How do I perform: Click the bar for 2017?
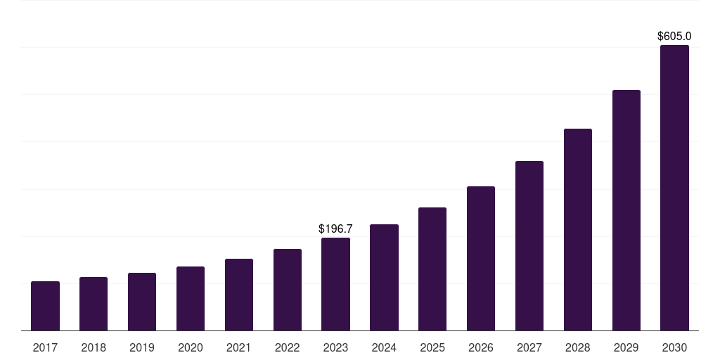tap(45, 306)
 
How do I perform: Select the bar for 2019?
tap(142, 302)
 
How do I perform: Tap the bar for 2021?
tap(239, 295)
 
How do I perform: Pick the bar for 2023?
tap(335, 284)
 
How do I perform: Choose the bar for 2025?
tap(432, 269)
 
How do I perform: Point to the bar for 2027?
tap(529, 245)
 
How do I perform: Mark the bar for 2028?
tap(578, 229)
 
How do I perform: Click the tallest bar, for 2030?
tap(674, 188)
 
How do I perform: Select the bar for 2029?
tap(626, 210)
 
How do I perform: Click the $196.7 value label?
tap(335, 229)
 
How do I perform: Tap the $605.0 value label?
tap(674, 36)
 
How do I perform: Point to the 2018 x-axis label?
tap(94, 347)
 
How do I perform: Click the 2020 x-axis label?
tap(191, 347)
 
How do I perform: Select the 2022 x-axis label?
tap(288, 347)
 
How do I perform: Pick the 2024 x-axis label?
tap(384, 347)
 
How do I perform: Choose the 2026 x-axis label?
tap(481, 347)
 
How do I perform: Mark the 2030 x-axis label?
tap(674, 347)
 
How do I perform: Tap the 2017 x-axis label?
tap(45, 347)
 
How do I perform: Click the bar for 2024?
tap(384, 277)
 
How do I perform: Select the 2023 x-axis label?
tap(335, 347)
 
